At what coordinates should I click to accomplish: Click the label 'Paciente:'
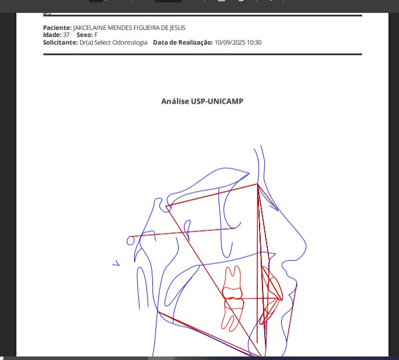coord(57,28)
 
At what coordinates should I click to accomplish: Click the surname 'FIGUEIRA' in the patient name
coord(146,28)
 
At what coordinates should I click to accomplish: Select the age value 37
coord(66,35)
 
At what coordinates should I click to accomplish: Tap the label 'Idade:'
coord(52,35)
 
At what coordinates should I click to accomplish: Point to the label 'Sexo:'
coord(84,35)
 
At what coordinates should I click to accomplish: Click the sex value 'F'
coord(96,35)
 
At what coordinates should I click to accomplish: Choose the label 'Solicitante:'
coord(60,42)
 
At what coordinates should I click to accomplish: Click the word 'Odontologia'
coord(129,42)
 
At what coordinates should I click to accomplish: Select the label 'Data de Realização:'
coord(183,42)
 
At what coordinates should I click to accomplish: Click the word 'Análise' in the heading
coord(175,101)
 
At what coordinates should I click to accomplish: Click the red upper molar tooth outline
coord(233,282)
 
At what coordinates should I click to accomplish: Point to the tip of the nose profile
coord(306,246)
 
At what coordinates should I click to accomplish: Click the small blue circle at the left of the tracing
coord(131,240)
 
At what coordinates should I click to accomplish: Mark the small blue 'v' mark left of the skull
coord(116,263)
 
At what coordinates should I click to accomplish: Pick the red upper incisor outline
coord(272,283)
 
